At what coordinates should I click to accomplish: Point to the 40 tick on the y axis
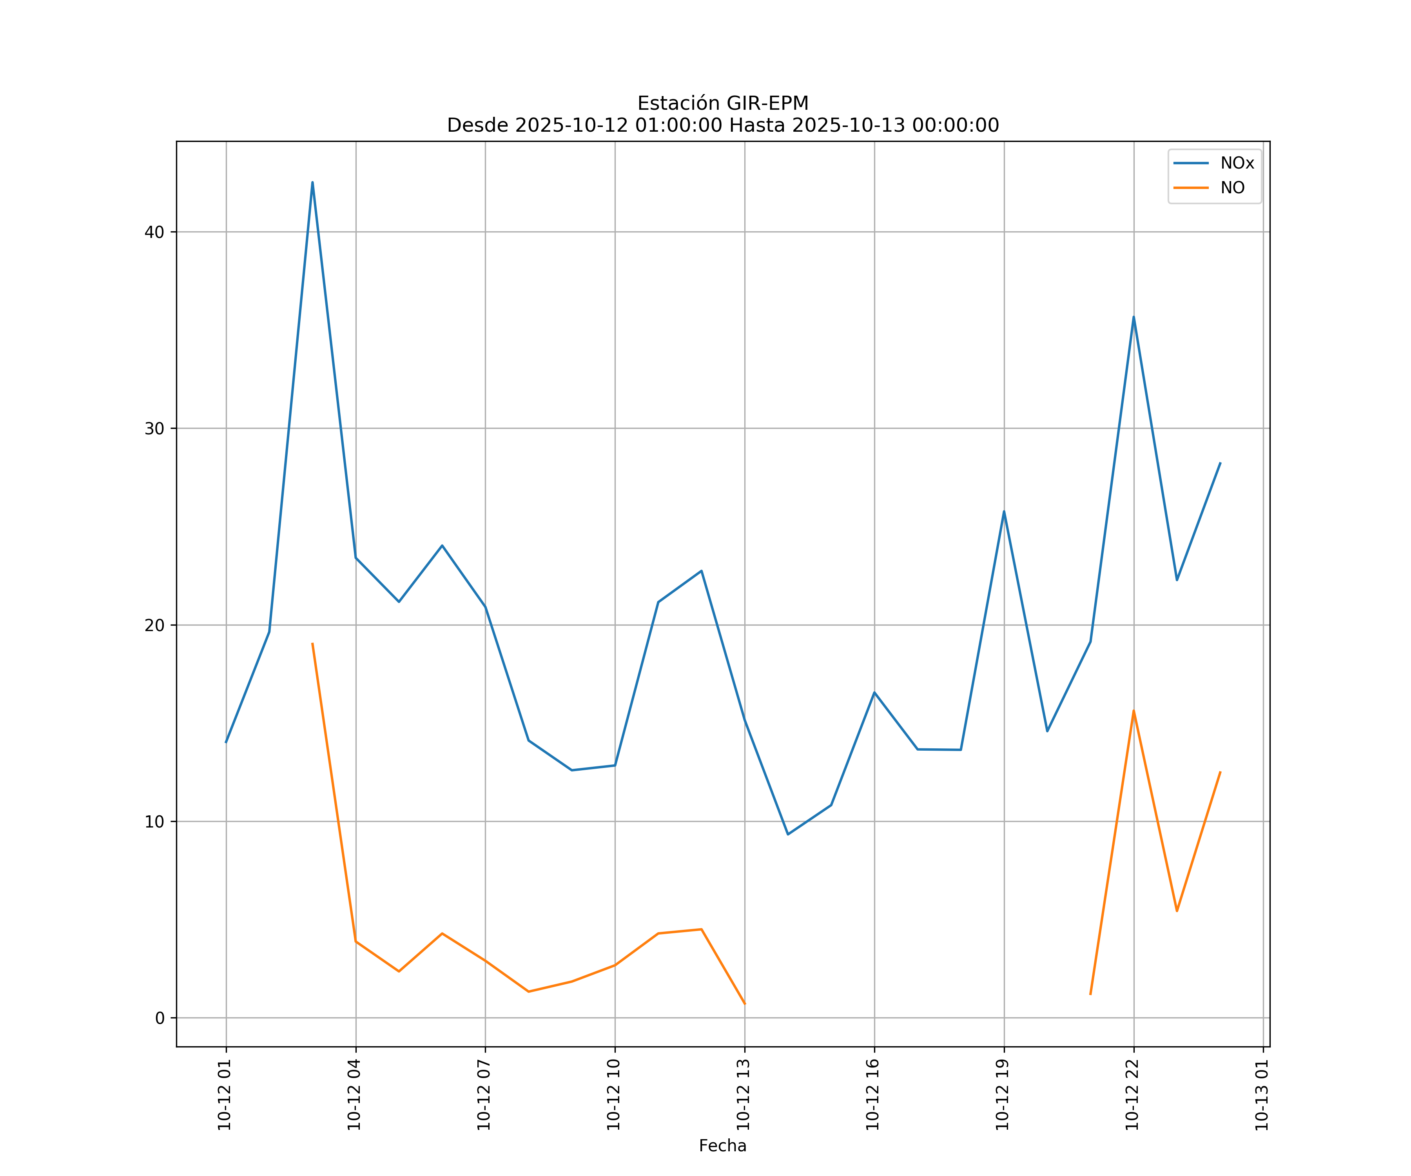coord(154,232)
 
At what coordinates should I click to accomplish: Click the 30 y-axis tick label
coord(154,429)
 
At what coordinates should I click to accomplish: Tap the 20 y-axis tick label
coord(154,626)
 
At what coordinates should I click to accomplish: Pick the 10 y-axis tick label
coord(154,822)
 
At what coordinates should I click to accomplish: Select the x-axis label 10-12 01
coord(225,1095)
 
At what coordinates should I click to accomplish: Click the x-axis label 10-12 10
coord(613,1095)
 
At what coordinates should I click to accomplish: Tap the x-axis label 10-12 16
coord(873,1095)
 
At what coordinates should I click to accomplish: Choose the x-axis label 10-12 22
coord(1132,1095)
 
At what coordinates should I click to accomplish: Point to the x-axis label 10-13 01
coord(1262,1095)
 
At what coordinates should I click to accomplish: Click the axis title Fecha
coord(722,1146)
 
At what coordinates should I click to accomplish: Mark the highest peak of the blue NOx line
coord(312,182)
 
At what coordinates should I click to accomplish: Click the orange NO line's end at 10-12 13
coord(744,1004)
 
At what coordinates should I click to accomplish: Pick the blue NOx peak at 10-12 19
coord(1004,512)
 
